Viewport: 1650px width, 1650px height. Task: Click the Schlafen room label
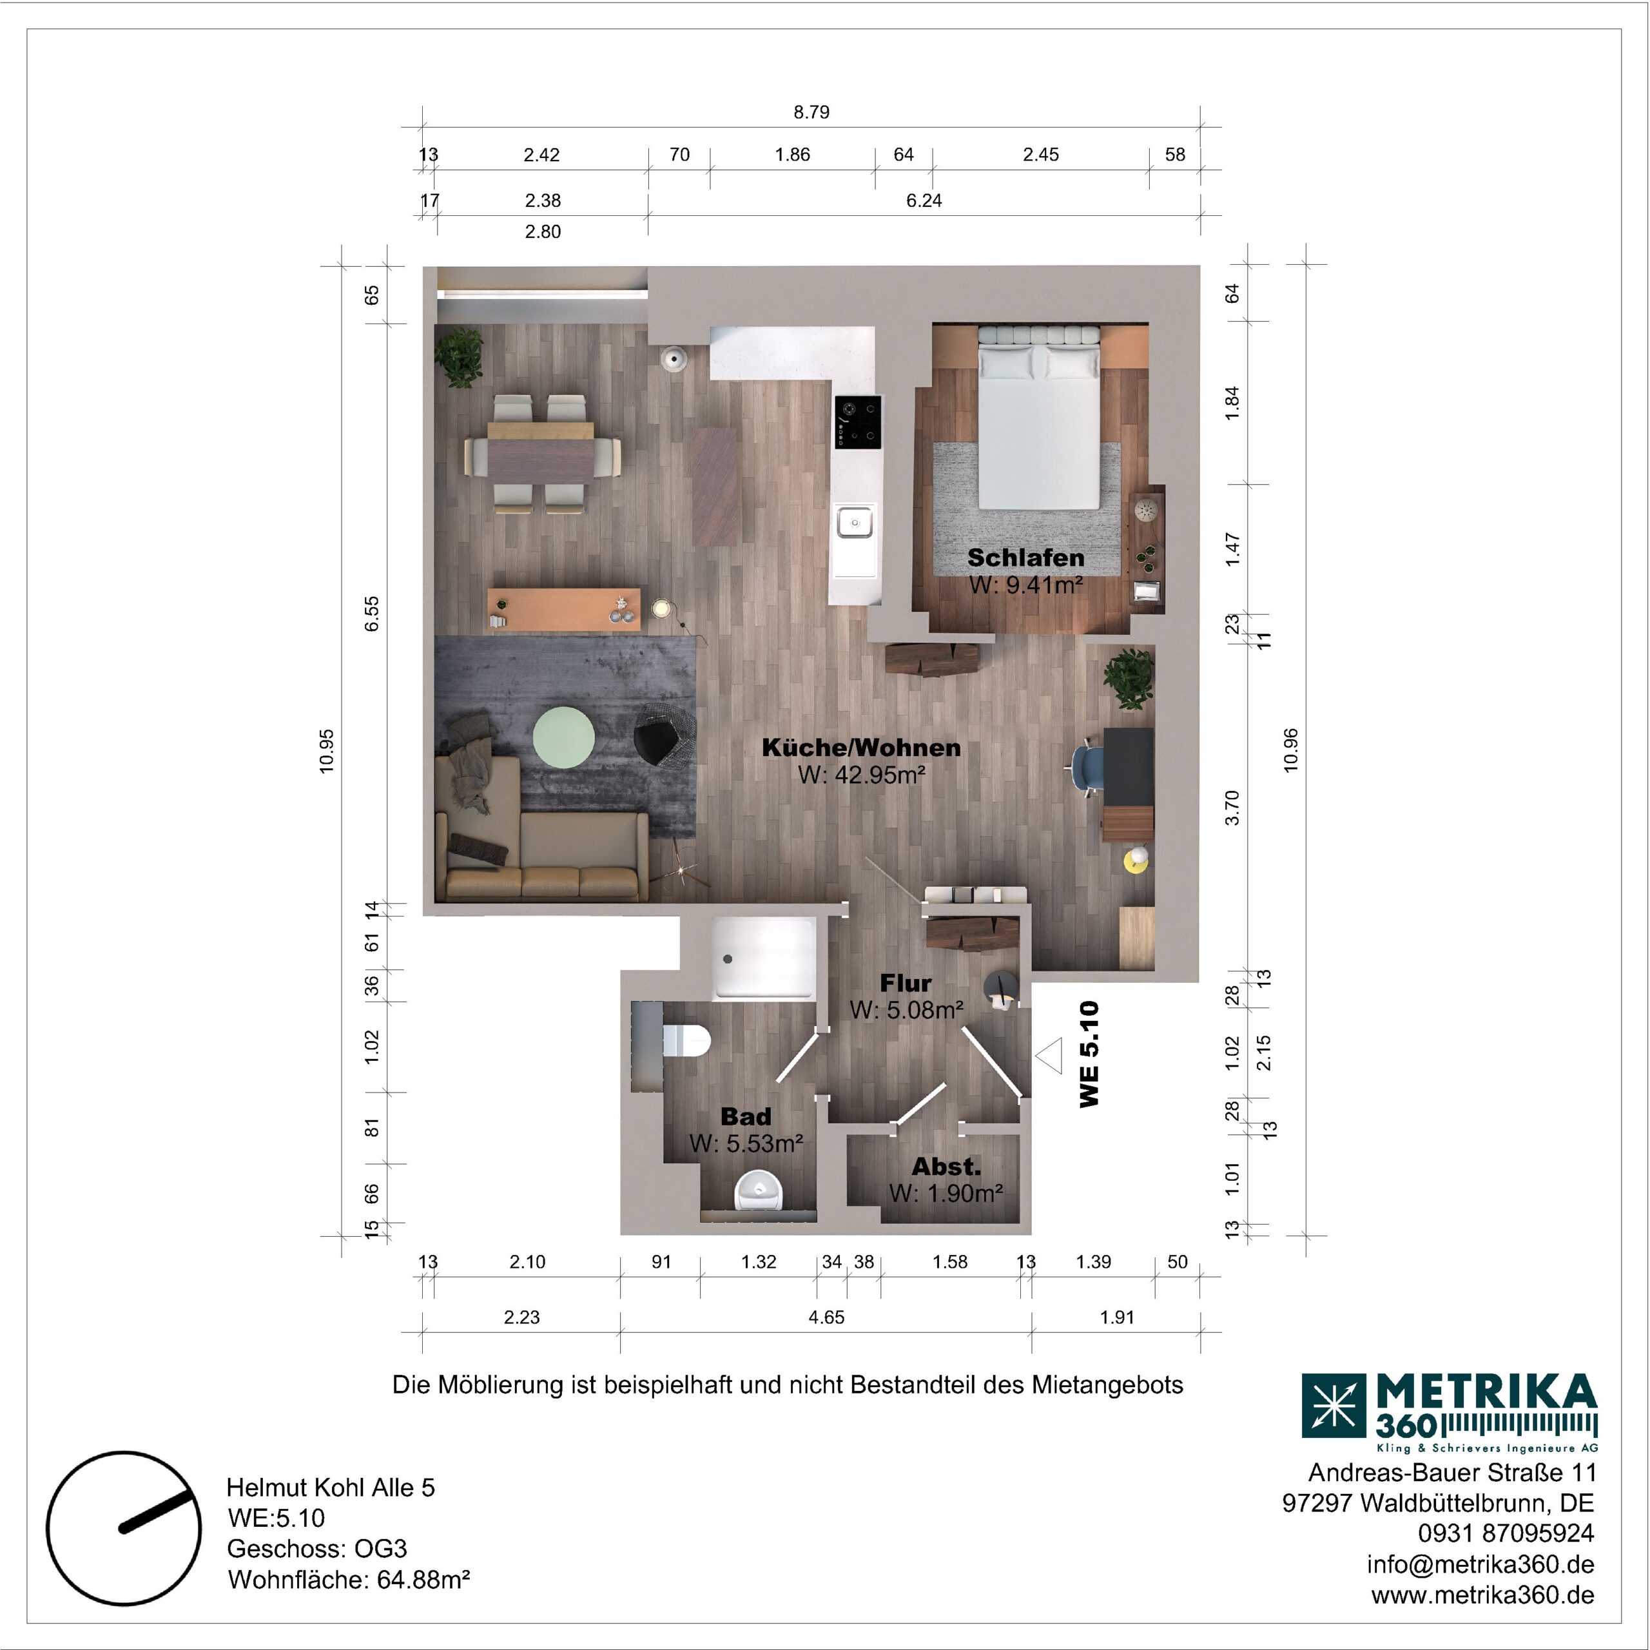click(1025, 558)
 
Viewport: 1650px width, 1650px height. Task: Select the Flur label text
click(906, 983)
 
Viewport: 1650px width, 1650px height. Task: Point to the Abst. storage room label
click(946, 1167)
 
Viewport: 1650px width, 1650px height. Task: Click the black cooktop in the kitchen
click(857, 422)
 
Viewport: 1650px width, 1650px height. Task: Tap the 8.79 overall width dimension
click(811, 112)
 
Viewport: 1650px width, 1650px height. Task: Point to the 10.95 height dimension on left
click(327, 751)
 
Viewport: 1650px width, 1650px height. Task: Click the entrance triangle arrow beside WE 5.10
click(1049, 1056)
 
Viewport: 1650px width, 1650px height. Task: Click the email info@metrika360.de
click(1480, 1564)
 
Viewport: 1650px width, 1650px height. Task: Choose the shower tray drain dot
click(728, 959)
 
